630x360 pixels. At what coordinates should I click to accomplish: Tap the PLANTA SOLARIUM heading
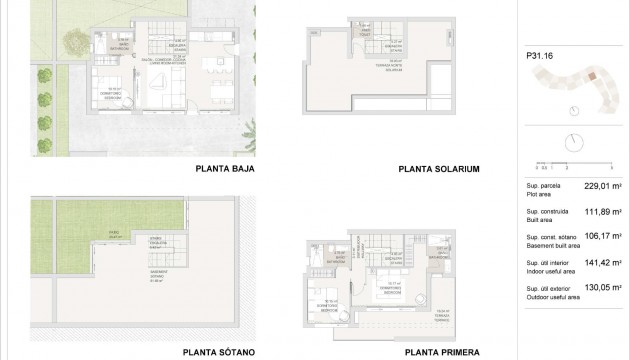point(440,169)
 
